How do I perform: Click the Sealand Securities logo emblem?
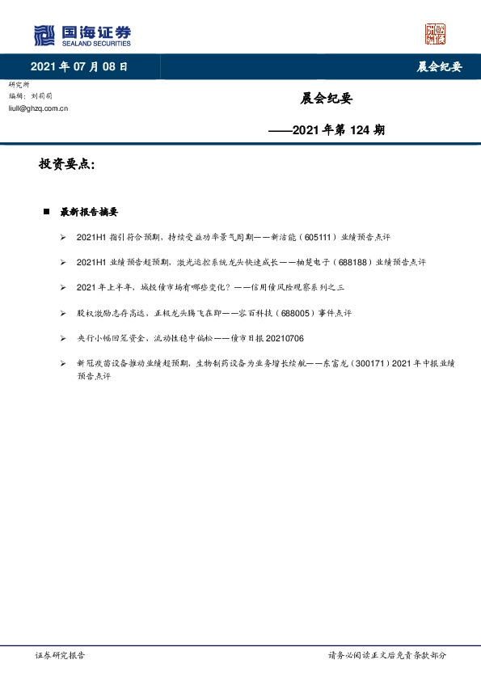[44, 35]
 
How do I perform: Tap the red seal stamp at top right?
[435, 34]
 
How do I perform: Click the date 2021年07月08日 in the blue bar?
[78, 67]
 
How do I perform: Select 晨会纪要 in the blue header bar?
[439, 67]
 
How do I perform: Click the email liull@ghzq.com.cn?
[38, 107]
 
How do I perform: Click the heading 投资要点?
[67, 165]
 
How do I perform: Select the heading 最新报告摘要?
[89, 212]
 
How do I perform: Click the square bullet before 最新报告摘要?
[47, 212]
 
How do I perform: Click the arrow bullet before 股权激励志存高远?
[63, 313]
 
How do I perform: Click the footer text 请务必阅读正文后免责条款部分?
[386, 655]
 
